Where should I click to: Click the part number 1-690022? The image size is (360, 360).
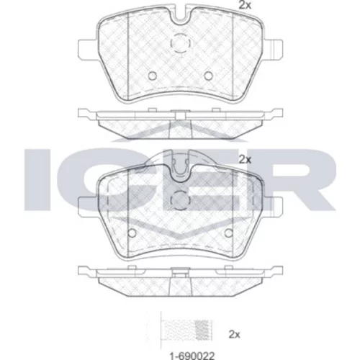coord(192,356)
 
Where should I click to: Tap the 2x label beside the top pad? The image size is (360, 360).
coord(245,5)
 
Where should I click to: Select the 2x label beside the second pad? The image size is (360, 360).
coord(245,160)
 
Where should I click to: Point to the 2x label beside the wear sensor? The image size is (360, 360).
coord(234,334)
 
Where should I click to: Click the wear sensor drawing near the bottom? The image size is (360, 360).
coord(186,330)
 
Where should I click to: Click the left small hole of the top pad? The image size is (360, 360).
coord(153,76)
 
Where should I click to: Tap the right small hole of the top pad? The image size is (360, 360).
coord(208,76)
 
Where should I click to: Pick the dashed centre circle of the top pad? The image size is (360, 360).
coord(181,43)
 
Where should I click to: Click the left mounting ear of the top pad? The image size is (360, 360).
coord(88,48)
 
